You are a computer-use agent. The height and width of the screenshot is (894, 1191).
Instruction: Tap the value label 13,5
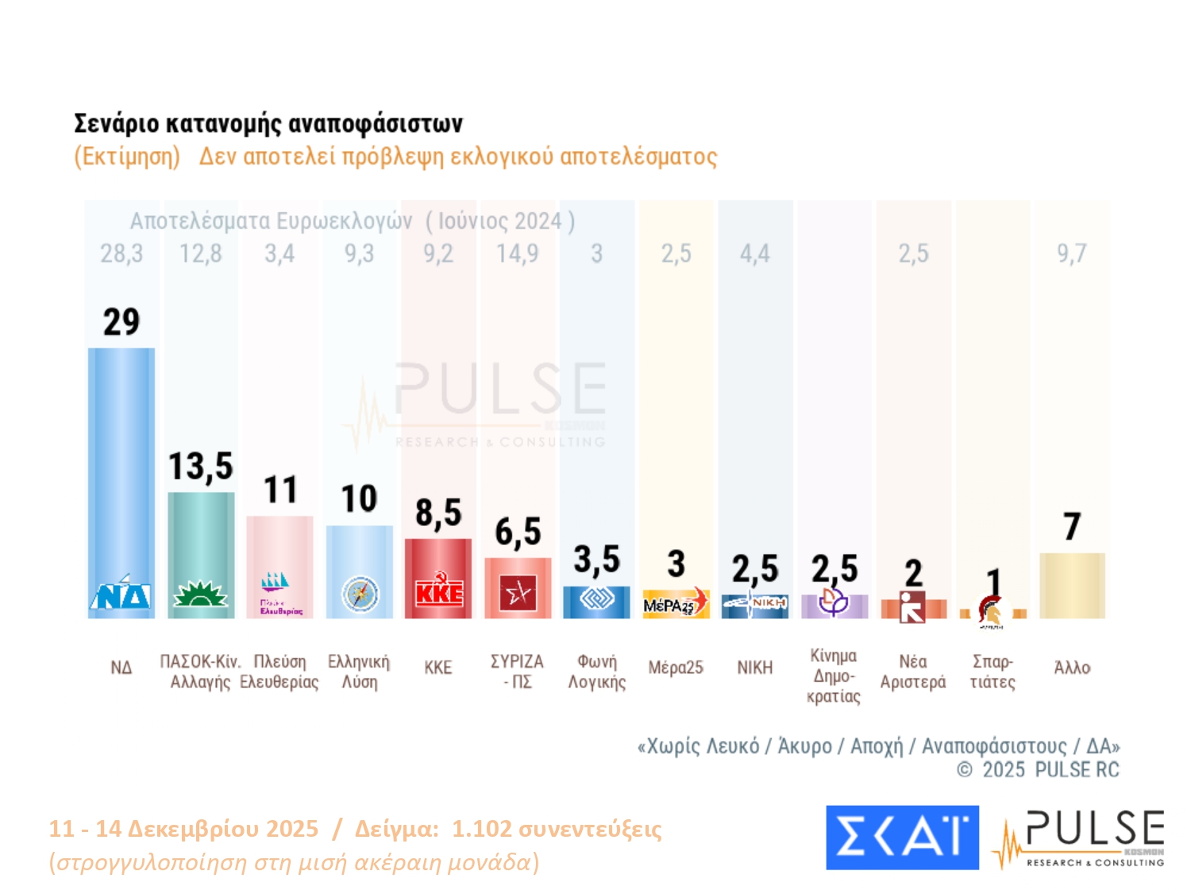pyautogui.click(x=201, y=466)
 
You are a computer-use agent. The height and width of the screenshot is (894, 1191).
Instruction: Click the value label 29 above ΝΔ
pyautogui.click(x=121, y=322)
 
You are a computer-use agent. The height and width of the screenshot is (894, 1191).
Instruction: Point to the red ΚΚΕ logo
pyautogui.click(x=438, y=593)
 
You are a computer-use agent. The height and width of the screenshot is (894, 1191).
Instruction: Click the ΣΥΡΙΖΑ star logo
pyautogui.click(x=518, y=593)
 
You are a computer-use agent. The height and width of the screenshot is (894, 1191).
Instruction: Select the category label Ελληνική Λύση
pyautogui.click(x=359, y=671)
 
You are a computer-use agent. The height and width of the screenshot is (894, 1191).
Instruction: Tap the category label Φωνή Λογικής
pyautogui.click(x=597, y=671)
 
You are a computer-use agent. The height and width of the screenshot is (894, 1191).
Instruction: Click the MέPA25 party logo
pyautogui.click(x=675, y=604)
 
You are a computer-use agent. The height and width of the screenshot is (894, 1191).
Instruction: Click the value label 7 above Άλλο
pyautogui.click(x=1072, y=526)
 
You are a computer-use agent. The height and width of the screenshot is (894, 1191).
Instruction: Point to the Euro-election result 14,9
pyautogui.click(x=517, y=253)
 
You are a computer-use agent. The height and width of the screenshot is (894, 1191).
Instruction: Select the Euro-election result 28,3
pyautogui.click(x=121, y=253)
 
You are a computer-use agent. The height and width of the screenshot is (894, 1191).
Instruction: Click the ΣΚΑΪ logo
pyautogui.click(x=902, y=838)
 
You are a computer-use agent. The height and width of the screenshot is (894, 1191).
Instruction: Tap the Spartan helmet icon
pyautogui.click(x=990, y=611)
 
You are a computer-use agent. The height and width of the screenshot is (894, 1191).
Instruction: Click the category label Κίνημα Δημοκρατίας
pyautogui.click(x=833, y=676)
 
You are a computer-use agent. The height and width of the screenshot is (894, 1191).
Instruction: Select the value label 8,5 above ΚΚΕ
pyautogui.click(x=438, y=513)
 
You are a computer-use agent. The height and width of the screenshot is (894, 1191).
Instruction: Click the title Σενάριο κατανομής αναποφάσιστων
pyautogui.click(x=268, y=124)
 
